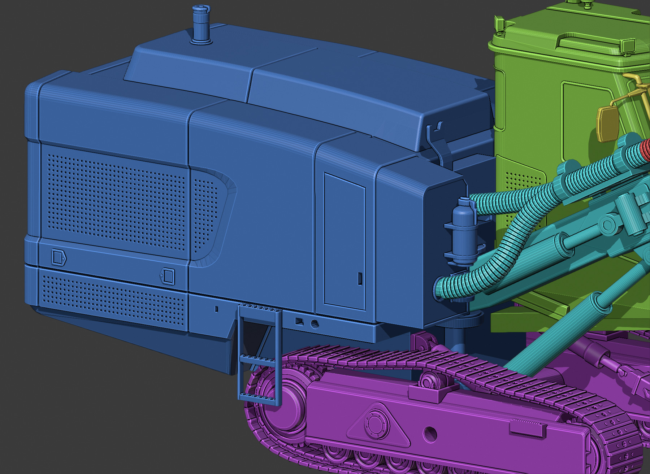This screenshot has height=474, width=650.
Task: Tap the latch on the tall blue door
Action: tap(360, 279)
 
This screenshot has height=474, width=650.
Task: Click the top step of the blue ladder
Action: tap(259, 308)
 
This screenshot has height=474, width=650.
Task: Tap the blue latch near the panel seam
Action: tap(168, 276)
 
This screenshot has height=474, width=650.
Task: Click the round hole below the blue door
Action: tap(315, 324)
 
